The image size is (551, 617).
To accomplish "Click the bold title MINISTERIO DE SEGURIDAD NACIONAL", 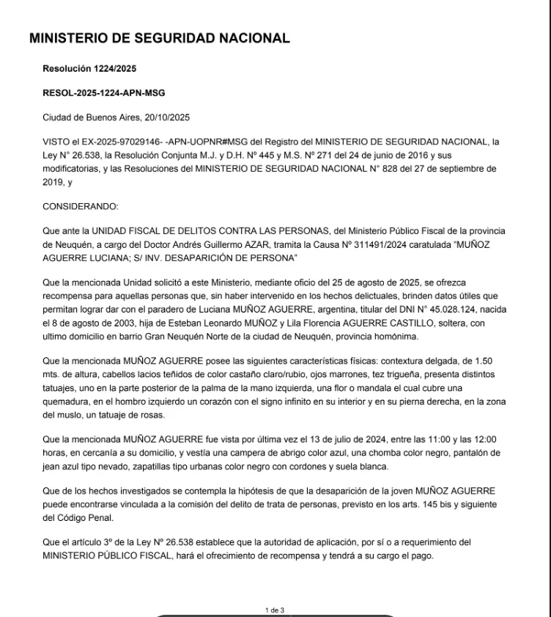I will (x=159, y=39).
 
